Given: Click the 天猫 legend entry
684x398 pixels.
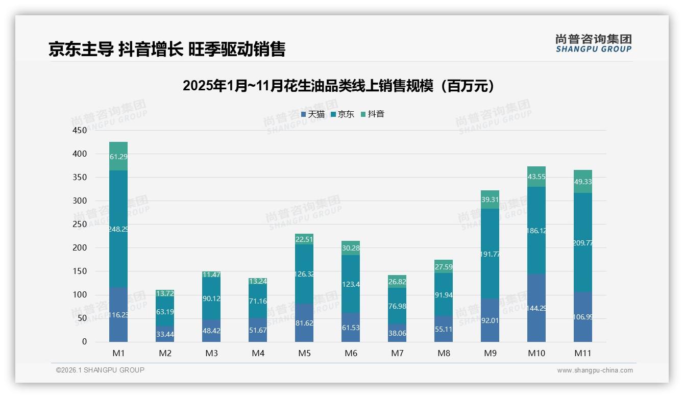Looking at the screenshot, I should (312, 114).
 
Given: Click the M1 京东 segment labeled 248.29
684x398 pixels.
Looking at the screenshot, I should (118, 229).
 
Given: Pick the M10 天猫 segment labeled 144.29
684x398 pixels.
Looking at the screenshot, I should (536, 308).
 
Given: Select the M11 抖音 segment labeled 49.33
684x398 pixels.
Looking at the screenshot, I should (583, 182).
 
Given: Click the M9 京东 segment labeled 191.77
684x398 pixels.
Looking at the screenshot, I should (490, 254).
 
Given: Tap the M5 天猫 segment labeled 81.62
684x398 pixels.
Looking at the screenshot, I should (304, 323).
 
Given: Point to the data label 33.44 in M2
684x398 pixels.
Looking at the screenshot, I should (165, 334).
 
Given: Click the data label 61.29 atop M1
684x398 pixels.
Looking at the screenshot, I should (118, 157).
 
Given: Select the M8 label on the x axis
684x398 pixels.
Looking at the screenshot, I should (444, 353).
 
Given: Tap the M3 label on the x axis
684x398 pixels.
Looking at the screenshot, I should (211, 353).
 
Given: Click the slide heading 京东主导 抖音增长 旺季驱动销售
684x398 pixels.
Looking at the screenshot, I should (167, 49).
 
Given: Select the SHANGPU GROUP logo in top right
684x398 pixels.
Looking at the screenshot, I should (593, 43).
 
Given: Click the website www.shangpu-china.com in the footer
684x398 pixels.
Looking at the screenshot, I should (595, 370).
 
